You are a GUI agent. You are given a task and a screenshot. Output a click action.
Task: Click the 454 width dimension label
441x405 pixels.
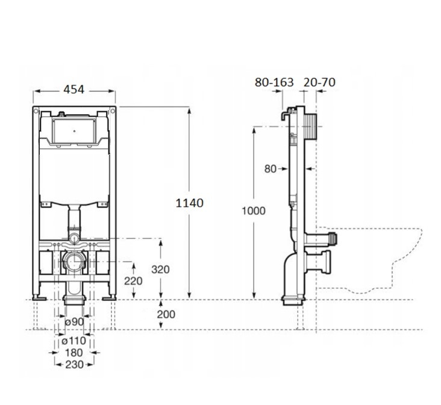coord(73,90)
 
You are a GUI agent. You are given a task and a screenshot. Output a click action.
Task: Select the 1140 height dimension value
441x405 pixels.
coord(189,203)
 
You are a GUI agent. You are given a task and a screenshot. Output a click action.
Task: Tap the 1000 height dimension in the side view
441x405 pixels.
coord(254,211)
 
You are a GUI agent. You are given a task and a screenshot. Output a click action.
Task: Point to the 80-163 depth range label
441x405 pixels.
coord(274,82)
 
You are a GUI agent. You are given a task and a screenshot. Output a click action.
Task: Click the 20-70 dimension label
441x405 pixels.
coord(319,82)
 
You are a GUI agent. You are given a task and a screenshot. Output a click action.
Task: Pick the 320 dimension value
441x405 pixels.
coord(160,270)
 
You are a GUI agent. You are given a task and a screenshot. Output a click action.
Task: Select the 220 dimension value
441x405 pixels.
coord(133,281)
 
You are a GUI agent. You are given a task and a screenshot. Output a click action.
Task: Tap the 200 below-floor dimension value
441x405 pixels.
coord(166,314)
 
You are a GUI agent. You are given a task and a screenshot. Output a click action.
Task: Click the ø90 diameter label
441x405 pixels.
coord(75,321)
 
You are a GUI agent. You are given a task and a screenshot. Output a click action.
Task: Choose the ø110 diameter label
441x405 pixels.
coord(73,341)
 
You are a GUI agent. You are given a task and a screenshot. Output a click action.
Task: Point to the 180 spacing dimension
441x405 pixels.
coord(73,353)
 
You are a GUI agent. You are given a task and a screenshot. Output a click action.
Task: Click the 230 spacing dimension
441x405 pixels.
coord(75,365)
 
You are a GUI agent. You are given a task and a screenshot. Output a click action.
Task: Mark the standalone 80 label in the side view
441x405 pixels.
coord(271,169)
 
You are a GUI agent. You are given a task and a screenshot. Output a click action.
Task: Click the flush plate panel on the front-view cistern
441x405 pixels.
coord(74,131)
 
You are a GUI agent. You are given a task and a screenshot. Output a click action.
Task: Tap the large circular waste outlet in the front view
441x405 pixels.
coord(74,262)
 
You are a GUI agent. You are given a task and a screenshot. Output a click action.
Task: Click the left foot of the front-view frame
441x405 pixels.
coord(39,297)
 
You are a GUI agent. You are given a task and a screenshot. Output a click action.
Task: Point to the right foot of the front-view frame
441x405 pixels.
coord(109,297)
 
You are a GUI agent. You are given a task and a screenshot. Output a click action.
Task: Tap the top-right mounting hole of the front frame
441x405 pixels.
coord(113,111)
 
